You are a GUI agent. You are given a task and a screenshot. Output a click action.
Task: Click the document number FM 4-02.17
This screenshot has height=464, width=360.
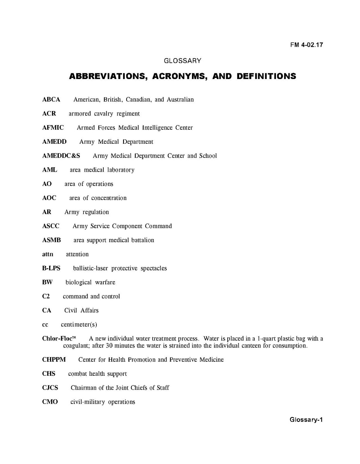(x=307, y=45)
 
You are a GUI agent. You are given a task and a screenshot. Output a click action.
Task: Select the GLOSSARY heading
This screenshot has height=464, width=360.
(x=182, y=61)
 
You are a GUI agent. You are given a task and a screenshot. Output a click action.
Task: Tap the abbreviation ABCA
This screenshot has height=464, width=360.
(x=51, y=100)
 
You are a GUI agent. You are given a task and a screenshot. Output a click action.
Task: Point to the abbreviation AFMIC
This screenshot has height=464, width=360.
(x=53, y=128)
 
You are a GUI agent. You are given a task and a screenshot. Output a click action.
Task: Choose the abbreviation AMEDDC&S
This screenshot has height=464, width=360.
(x=61, y=156)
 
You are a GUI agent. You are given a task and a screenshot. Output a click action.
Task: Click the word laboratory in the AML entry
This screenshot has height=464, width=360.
(x=121, y=170)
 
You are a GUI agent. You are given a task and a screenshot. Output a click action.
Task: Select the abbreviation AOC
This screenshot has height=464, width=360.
(x=49, y=198)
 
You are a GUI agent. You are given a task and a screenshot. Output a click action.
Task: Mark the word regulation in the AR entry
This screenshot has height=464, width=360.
(x=96, y=212)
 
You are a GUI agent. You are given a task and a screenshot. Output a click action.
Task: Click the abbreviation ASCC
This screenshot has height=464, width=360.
(x=51, y=226)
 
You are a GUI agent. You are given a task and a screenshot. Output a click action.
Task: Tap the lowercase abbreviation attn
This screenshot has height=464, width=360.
(x=48, y=254)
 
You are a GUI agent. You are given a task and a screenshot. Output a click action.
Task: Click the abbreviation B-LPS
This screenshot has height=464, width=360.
(x=51, y=268)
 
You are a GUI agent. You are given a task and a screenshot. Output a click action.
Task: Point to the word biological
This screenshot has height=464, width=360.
(x=79, y=282)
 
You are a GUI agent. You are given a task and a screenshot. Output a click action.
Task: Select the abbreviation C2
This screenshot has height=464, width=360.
(x=46, y=296)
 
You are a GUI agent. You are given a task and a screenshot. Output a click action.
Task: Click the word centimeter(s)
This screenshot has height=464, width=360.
(x=82, y=325)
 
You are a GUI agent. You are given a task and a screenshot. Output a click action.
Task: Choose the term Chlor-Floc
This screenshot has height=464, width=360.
(x=57, y=339)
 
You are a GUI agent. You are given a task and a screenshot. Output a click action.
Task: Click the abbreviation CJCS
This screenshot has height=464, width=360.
(x=50, y=388)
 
